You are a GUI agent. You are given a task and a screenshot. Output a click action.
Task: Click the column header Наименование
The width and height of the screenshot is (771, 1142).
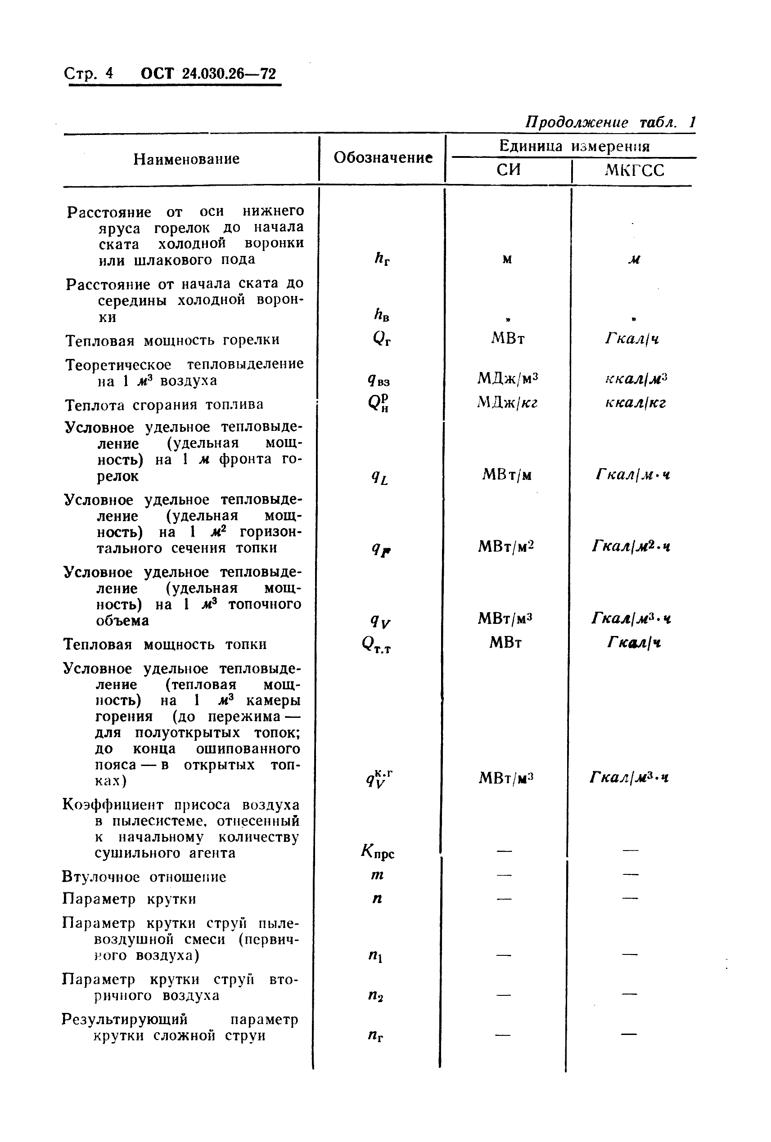point(186,159)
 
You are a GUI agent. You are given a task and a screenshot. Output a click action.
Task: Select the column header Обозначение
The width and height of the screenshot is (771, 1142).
point(383,158)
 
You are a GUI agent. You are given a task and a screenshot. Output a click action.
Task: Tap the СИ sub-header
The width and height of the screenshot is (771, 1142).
point(509,170)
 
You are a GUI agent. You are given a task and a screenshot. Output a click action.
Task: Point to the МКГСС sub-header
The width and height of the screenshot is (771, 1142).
point(634,170)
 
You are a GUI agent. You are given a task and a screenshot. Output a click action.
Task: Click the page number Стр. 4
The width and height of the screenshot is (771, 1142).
point(89,73)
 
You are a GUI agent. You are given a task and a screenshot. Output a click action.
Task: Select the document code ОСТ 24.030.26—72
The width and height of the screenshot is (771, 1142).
point(208,73)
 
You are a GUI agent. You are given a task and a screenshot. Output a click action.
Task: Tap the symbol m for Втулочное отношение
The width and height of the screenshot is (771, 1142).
point(377,875)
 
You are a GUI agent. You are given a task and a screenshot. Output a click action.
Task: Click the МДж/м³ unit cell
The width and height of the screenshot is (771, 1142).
point(507,378)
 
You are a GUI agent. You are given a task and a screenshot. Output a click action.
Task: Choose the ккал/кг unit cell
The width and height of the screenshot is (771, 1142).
point(635,403)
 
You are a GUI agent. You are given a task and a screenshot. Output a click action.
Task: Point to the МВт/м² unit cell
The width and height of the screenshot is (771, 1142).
point(506,546)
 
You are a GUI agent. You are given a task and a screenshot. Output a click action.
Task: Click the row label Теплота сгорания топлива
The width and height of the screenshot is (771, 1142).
point(164,405)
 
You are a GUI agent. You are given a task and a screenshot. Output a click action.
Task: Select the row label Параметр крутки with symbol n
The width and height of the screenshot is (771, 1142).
point(129,899)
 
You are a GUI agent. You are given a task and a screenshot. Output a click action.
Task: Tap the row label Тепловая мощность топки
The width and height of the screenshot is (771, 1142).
point(165,644)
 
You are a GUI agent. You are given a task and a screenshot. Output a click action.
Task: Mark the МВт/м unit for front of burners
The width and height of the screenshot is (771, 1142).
point(507,475)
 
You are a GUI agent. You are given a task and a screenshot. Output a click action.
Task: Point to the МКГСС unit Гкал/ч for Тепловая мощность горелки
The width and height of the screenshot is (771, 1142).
point(632,339)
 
